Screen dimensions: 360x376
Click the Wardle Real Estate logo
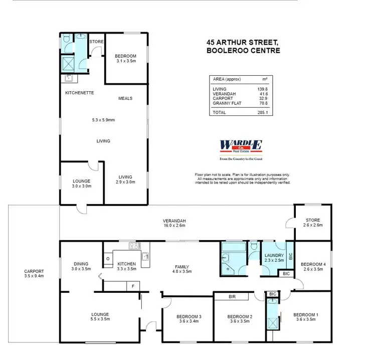coord(241,146)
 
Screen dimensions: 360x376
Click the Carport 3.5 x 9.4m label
coord(34,274)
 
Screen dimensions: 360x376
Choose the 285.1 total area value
coord(263,113)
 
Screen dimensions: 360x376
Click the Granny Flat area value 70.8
coord(263,103)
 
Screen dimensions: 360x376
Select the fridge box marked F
coord(133,286)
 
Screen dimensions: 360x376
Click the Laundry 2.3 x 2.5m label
coord(274,257)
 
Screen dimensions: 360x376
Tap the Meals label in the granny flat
coord(125,98)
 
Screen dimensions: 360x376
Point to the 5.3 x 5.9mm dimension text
coord(103,120)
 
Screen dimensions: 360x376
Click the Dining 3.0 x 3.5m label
coord(81,266)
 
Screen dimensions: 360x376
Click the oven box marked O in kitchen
coord(108,259)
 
